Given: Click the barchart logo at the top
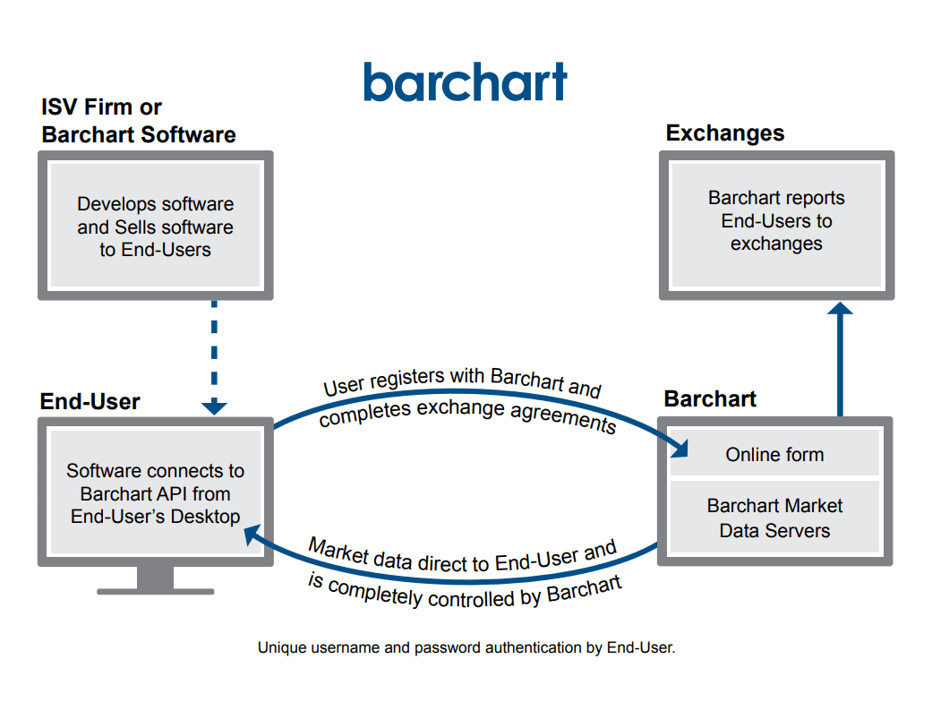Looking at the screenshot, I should point(465,81).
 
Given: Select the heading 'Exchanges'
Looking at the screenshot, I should point(724,133).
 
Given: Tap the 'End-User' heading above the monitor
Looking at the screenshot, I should point(90,402).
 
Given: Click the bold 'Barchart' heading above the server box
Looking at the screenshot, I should point(710,398).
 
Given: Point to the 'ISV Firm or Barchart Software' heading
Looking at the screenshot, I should point(138,122).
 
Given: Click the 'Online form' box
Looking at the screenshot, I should point(774,455).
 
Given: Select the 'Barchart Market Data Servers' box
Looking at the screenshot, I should point(774,518).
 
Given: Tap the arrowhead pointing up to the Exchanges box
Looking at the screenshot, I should point(840,309).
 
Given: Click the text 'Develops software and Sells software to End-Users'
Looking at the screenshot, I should point(155,227).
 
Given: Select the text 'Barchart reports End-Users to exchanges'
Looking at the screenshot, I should point(776,220).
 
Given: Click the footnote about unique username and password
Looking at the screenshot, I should point(466,647).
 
